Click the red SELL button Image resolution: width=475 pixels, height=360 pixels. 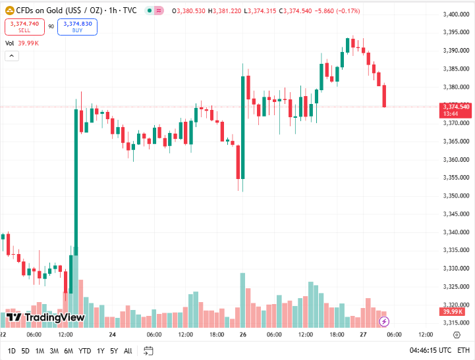click(24, 26)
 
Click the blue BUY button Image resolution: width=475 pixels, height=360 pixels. click(77, 26)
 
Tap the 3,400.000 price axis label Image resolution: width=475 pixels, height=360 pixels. click(455, 14)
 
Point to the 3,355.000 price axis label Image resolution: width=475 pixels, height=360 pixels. click(455, 177)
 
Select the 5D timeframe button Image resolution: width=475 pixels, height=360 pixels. click(25, 350)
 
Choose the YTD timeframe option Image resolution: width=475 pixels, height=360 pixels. click(84, 350)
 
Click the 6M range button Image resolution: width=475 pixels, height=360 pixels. click(69, 350)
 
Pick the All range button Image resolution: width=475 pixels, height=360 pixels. click(128, 350)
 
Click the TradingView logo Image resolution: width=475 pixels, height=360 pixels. click(45, 317)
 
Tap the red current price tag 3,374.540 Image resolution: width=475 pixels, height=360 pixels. click(456, 107)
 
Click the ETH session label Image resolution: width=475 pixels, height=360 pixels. click(464, 350)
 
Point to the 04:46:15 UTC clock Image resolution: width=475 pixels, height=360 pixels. click(431, 350)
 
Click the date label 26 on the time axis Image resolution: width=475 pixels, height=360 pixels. click(243, 334)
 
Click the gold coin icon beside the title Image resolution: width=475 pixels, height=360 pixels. click(10, 11)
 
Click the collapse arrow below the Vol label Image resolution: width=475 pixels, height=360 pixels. click(12, 56)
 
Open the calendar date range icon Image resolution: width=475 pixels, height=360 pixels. click(148, 350)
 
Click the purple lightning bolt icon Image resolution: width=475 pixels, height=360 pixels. click(385, 321)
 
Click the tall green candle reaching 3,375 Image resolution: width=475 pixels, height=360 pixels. click(76, 178)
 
